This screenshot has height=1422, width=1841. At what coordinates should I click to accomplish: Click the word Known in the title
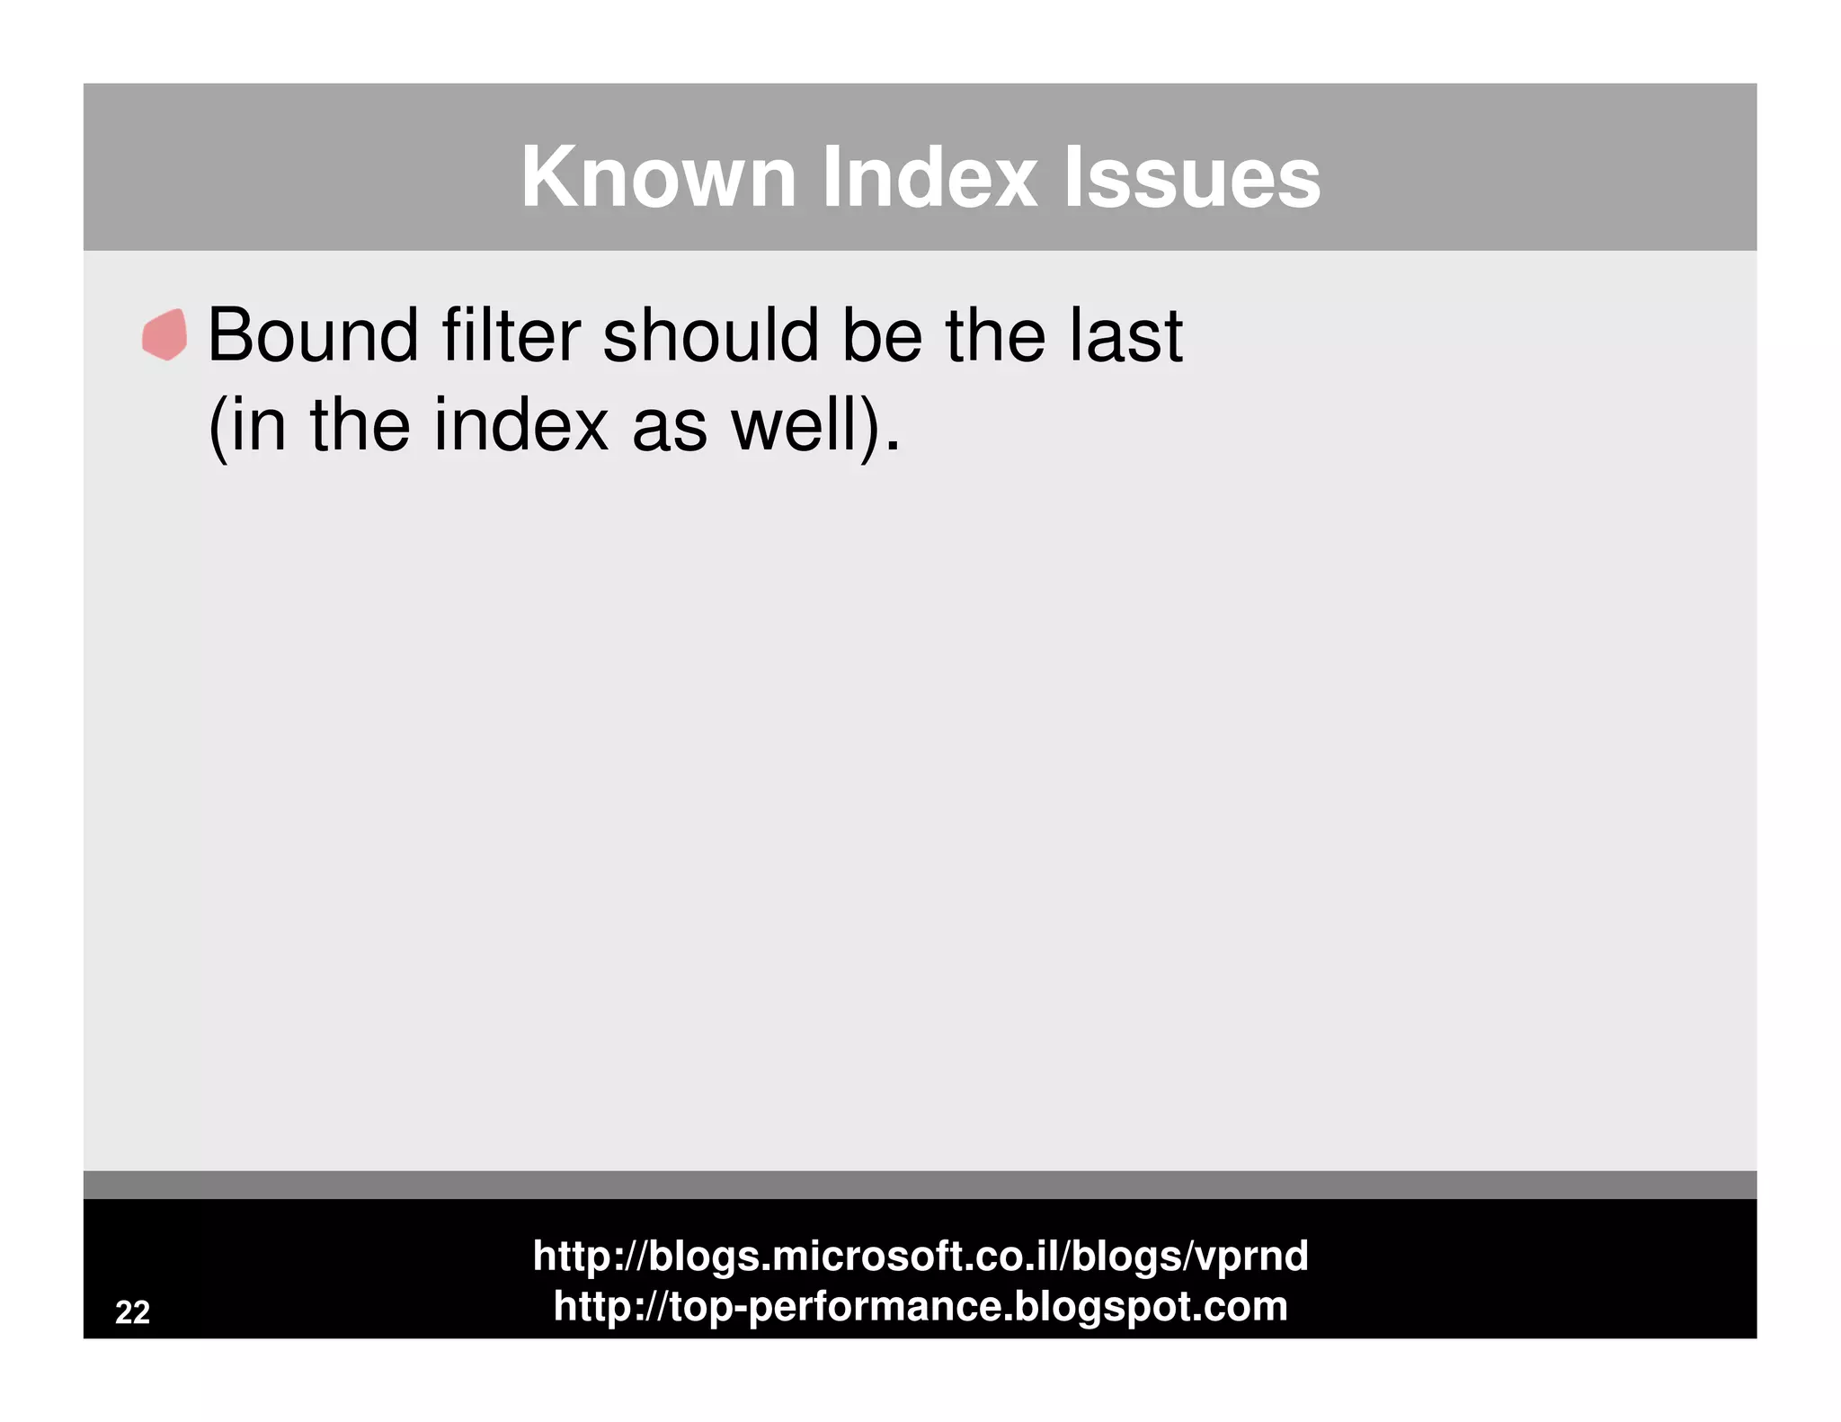[658, 177]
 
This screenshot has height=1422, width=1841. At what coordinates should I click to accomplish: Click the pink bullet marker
[165, 335]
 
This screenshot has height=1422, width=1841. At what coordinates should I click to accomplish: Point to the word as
[669, 427]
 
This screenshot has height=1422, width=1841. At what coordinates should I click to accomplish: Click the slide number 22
[133, 1312]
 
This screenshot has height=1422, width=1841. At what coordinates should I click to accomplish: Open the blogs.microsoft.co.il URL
[920, 1255]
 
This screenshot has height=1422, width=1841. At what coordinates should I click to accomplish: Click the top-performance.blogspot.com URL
[920, 1305]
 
